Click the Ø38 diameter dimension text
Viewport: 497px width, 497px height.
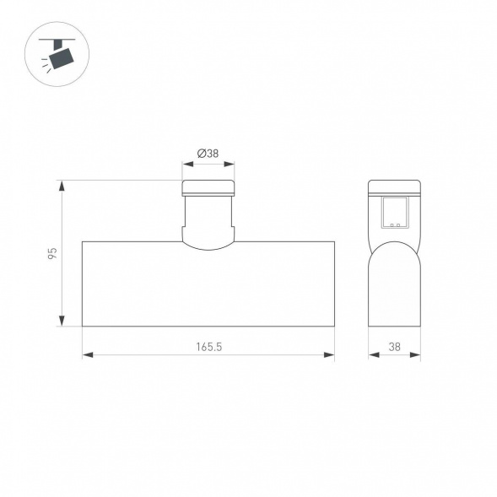208,154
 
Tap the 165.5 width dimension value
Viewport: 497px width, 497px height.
208,346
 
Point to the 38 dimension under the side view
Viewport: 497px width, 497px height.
394,346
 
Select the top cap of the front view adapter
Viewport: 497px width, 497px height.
208,186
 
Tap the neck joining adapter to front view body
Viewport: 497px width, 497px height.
208,228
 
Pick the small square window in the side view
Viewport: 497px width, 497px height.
394,213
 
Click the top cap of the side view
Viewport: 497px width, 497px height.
394,187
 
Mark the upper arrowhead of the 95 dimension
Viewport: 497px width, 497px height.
62,184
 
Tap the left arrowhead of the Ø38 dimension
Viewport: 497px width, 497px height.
186,165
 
